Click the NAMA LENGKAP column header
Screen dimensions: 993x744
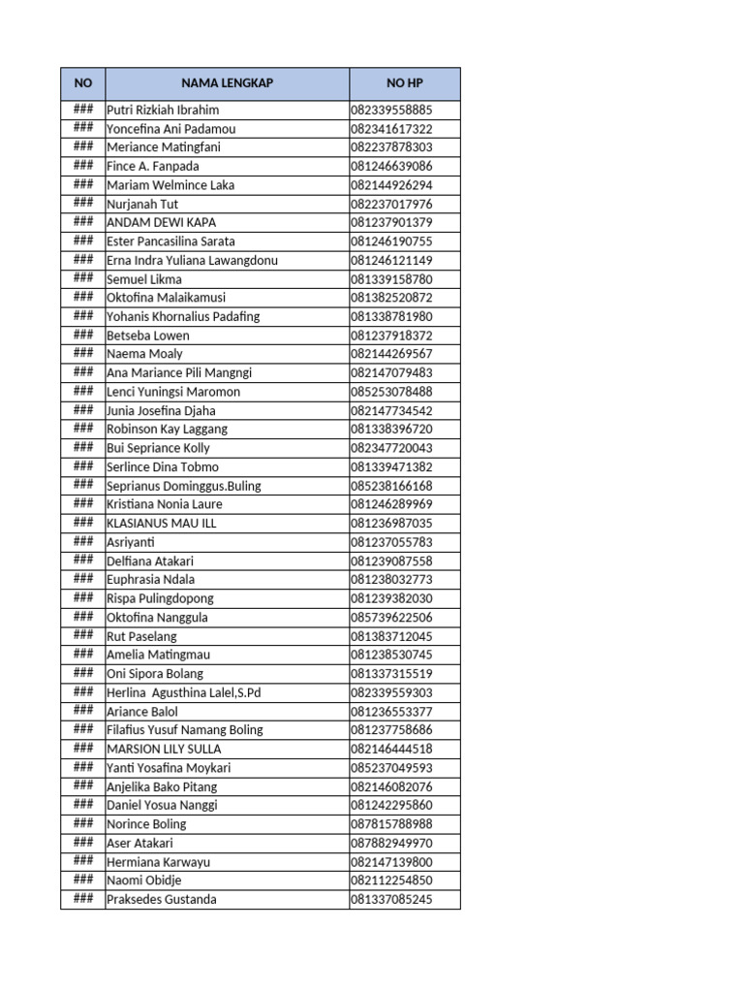click(227, 83)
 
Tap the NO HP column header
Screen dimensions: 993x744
click(405, 83)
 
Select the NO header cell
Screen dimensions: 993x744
click(83, 83)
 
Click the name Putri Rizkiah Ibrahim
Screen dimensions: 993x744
click(163, 110)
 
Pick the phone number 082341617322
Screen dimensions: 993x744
click(391, 129)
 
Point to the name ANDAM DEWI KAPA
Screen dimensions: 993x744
click(161, 223)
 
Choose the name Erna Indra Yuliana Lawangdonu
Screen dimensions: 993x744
click(192, 260)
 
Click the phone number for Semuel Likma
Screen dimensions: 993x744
click(391, 279)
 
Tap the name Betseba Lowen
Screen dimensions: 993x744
click(148, 336)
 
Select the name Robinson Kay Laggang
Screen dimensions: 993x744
click(167, 429)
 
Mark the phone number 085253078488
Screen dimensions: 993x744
click(391, 392)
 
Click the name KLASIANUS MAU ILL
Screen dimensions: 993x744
click(161, 523)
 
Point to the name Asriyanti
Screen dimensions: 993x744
click(130, 542)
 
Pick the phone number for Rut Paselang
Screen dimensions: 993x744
click(391, 636)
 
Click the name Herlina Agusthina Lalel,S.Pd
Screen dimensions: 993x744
click(184, 692)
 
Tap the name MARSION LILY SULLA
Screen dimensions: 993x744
click(164, 749)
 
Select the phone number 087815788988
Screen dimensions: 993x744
click(391, 824)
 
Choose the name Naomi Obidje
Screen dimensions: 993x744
click(143, 881)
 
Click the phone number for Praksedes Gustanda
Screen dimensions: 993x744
click(391, 899)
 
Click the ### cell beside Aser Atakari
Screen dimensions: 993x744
click(83, 843)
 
